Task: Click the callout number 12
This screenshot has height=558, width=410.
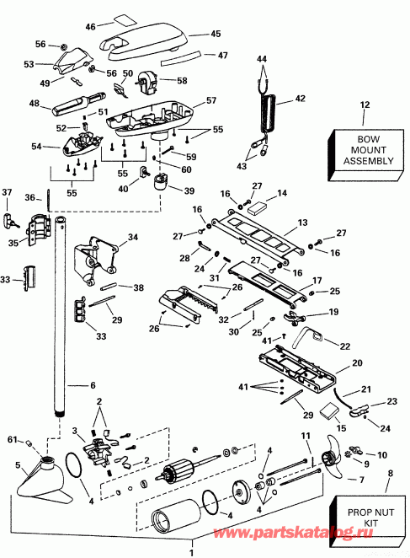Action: click(x=365, y=105)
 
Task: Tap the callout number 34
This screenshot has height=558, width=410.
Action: click(x=132, y=237)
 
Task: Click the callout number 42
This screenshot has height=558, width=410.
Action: click(x=299, y=98)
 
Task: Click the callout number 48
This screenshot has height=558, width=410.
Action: click(x=35, y=104)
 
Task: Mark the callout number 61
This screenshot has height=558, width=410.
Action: click(x=12, y=438)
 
